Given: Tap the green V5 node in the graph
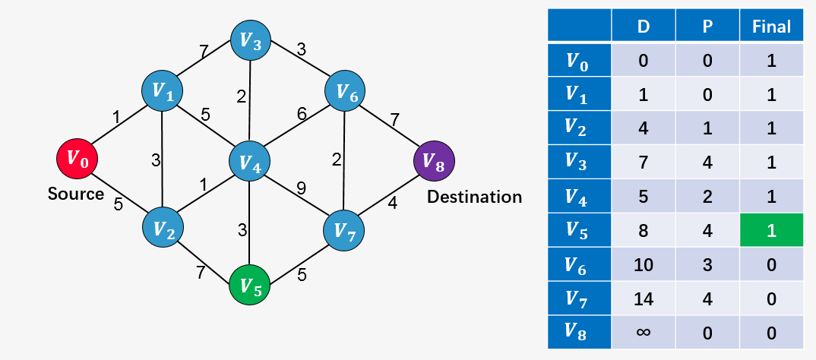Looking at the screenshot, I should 250,285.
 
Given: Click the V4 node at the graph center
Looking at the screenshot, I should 250,161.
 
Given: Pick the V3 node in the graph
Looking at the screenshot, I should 250,41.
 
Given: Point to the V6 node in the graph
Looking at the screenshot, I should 346,92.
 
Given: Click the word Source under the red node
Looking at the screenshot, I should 76,194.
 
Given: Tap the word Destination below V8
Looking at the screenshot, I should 474,197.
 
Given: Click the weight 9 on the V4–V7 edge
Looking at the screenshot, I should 302,186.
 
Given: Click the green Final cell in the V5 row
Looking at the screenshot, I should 771,230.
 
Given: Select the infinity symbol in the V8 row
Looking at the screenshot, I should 643,332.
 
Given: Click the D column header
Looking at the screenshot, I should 643,27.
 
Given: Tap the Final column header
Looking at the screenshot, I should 771,27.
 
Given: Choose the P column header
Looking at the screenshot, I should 707,27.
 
